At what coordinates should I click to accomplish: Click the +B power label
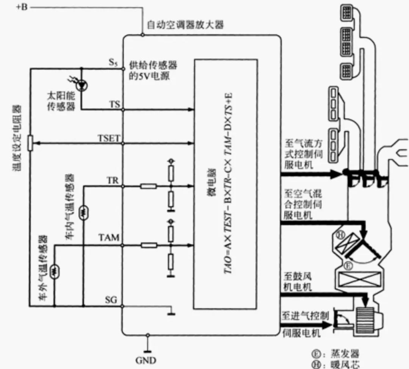coord(22,7)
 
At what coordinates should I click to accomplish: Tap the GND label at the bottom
coord(145,360)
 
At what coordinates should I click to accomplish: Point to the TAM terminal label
coord(109,238)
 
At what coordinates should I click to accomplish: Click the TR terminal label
coord(113,181)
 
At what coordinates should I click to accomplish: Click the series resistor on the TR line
coord(148,186)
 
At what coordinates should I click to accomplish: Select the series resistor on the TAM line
coord(148,245)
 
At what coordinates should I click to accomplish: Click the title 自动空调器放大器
coord(185,25)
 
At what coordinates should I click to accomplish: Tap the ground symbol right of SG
coord(171,311)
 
